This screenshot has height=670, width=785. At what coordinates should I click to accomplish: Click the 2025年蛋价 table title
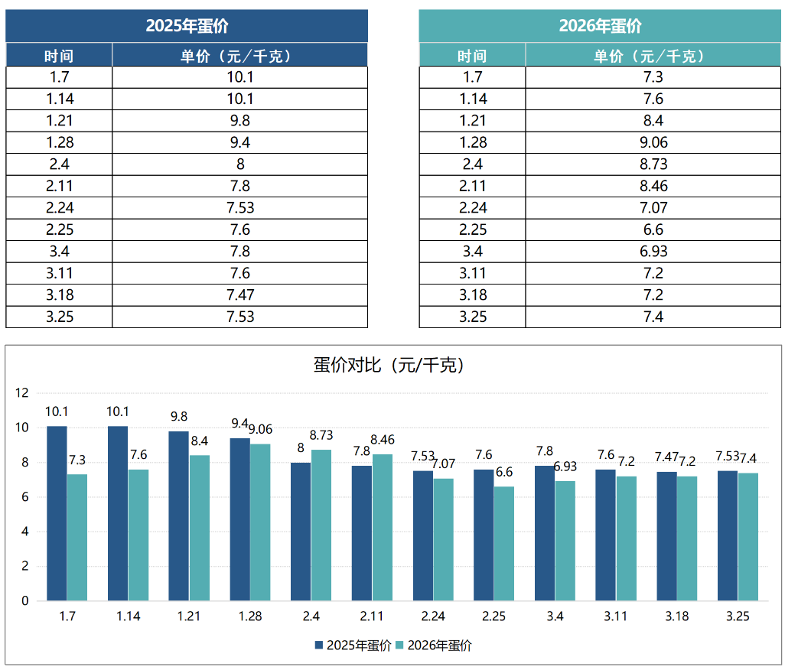click(187, 26)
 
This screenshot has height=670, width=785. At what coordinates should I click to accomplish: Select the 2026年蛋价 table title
click(600, 26)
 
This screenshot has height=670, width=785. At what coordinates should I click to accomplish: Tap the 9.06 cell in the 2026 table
click(653, 142)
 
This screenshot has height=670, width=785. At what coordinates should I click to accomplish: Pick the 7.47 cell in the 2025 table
click(239, 295)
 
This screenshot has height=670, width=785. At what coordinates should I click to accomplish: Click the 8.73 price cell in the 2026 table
click(653, 164)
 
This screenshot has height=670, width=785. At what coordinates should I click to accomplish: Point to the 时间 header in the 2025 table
click(59, 56)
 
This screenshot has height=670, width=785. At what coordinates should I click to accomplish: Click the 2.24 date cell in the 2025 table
click(59, 208)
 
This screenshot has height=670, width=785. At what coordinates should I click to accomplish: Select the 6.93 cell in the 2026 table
click(653, 252)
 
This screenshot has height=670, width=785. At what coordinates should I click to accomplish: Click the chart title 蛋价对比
click(389, 366)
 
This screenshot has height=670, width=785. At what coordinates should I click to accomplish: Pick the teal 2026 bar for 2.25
click(504, 543)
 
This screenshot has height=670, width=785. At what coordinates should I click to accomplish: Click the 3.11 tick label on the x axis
click(616, 616)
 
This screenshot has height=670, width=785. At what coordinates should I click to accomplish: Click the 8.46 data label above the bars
click(383, 440)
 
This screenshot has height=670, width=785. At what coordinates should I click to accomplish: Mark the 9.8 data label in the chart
click(178, 417)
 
